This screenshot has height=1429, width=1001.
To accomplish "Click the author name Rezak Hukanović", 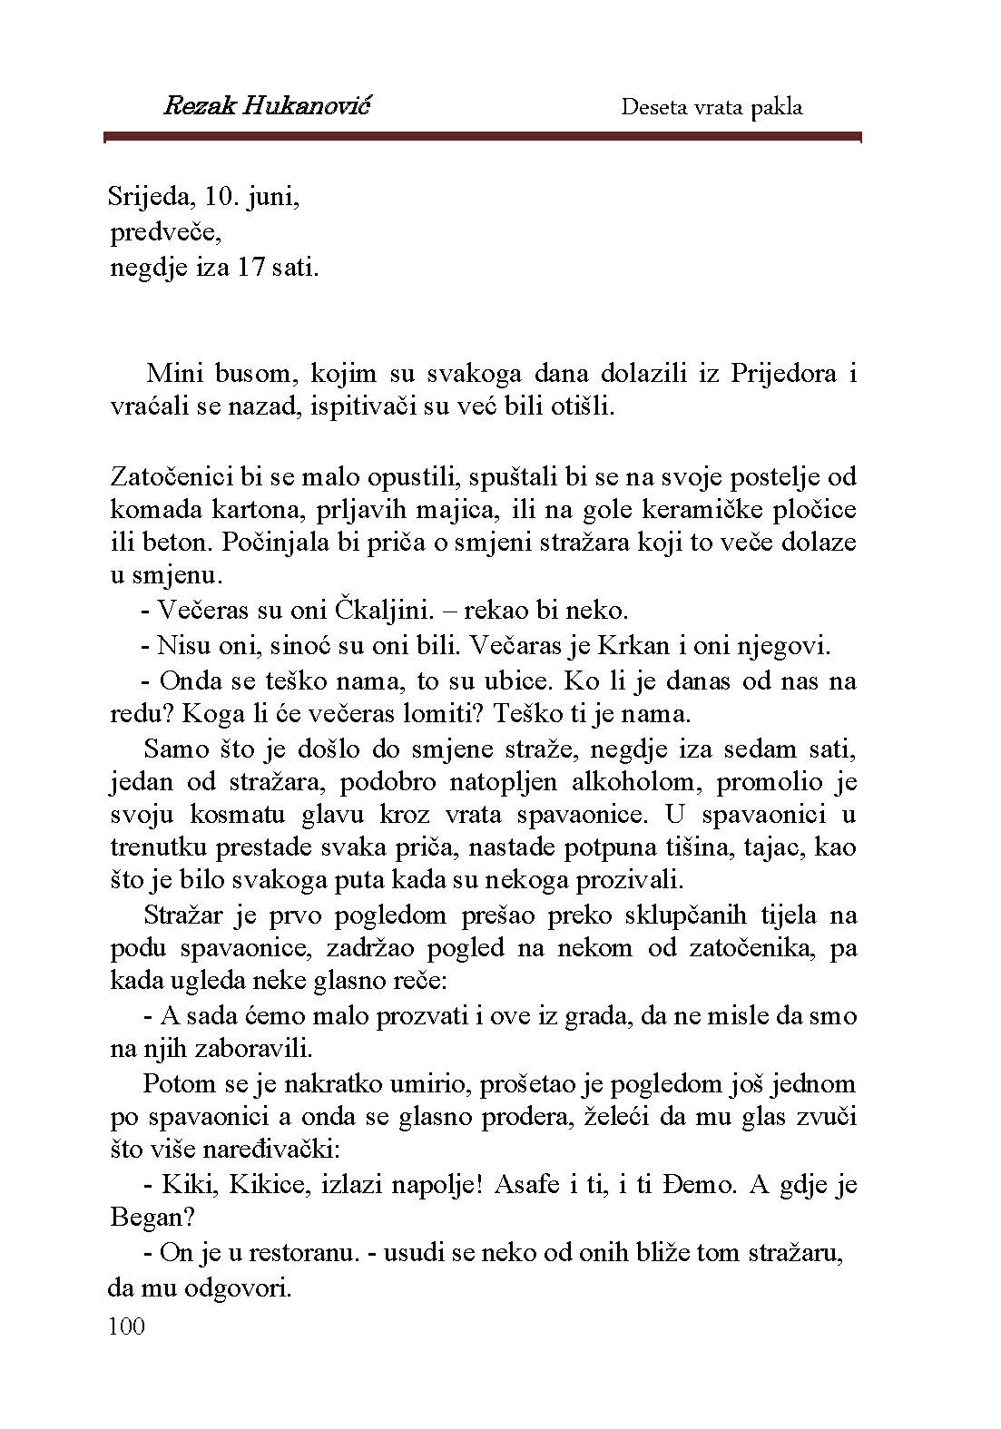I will (268, 106).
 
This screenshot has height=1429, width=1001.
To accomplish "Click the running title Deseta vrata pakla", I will (711, 107).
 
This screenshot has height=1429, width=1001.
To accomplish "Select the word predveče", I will (165, 233).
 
